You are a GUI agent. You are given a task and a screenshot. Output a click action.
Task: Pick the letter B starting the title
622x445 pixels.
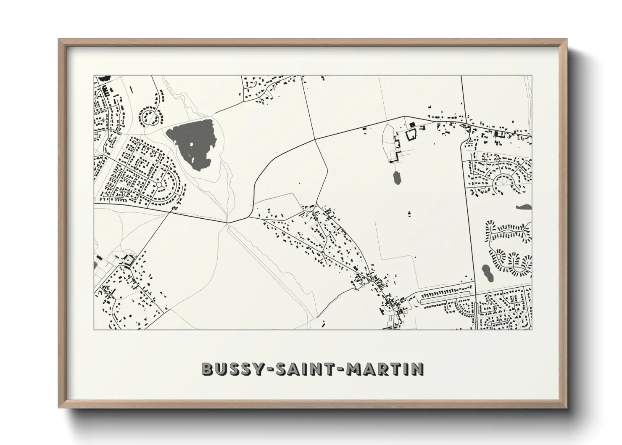(208, 368)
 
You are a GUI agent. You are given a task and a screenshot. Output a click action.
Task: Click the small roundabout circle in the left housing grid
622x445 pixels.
(159, 185)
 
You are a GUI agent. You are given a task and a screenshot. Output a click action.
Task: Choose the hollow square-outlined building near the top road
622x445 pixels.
(410, 135)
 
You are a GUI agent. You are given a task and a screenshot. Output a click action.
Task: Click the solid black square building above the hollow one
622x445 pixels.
(411, 124)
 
